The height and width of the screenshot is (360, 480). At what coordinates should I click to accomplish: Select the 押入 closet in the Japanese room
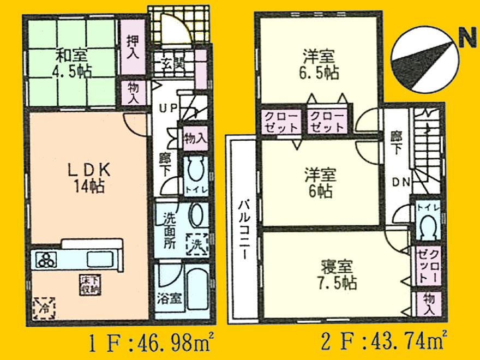(132, 46)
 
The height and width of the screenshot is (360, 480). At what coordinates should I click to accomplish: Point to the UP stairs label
(166, 107)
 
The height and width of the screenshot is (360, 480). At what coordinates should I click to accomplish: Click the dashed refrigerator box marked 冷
(43, 307)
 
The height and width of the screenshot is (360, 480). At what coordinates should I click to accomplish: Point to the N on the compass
(465, 39)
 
